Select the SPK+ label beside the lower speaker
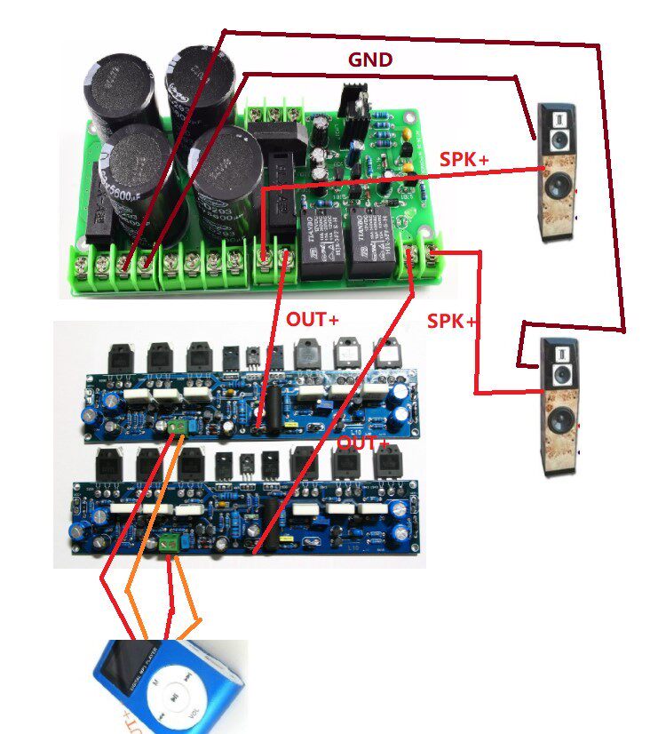(x=451, y=319)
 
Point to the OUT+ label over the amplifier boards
(x=362, y=443)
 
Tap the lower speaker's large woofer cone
(x=559, y=419)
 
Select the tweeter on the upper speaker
(x=559, y=140)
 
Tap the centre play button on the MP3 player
(x=176, y=698)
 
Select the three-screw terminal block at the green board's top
(x=274, y=114)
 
